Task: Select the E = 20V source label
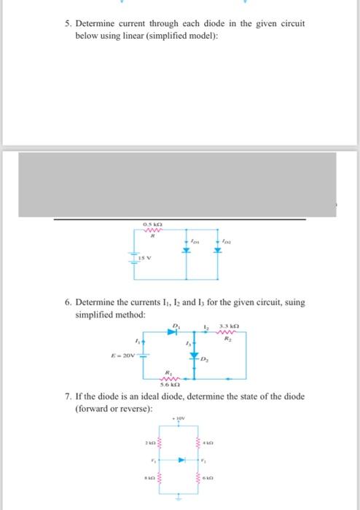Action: point(121,356)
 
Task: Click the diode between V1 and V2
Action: point(184,460)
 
